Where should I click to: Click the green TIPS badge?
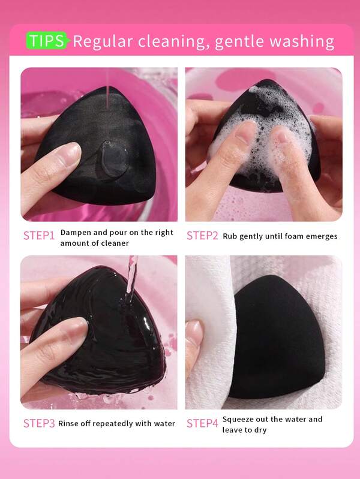coord(46,40)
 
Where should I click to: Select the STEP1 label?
coord(39,236)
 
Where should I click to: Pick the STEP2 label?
coord(202,236)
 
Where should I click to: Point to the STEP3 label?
coord(39,423)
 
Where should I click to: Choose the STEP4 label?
coord(202,423)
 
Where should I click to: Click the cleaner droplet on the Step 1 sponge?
coord(114,159)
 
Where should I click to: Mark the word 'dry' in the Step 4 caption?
coord(260,430)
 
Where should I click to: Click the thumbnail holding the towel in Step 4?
coord(193,332)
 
